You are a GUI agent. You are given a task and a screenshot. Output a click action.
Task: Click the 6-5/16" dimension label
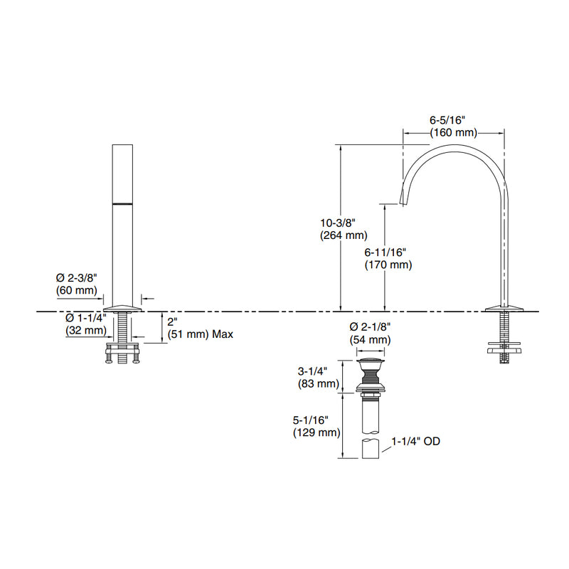452,120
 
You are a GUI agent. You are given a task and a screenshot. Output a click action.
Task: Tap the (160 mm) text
452,132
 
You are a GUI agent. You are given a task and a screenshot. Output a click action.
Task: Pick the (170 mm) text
388,265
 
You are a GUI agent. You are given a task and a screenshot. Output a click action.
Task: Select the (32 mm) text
85,330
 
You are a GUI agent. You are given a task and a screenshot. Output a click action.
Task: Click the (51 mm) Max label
201,334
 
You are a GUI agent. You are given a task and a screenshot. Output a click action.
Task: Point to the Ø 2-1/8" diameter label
370,327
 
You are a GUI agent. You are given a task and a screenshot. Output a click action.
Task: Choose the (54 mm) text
370,340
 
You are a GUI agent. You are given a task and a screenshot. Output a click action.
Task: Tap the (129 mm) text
316,432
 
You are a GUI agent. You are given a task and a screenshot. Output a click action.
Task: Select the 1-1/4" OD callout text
416,442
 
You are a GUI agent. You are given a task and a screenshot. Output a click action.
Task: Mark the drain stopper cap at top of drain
371,365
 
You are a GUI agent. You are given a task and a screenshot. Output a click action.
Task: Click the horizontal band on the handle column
124,204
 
